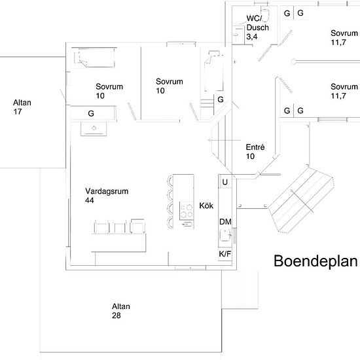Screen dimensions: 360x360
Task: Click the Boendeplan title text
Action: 315,261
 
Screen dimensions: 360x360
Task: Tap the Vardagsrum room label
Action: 107,191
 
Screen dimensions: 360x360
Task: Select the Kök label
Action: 206,206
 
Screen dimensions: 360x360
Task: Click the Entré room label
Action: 255,147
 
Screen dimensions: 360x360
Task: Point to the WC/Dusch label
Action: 257,23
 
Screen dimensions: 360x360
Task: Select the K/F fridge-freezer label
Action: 225,254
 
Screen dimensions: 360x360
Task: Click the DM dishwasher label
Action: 225,222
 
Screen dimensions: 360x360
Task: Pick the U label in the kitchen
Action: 225,182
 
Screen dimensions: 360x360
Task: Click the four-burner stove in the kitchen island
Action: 186,211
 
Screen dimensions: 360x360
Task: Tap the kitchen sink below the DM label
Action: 225,235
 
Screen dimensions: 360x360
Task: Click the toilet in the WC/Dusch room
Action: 264,14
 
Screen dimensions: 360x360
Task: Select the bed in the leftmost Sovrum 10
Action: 94,58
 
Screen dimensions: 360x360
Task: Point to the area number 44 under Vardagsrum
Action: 89,200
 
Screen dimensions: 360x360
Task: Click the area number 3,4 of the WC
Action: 252,37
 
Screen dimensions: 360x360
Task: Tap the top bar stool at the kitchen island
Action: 170,180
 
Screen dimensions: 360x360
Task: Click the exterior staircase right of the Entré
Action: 301,200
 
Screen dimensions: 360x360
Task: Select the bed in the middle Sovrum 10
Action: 213,71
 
